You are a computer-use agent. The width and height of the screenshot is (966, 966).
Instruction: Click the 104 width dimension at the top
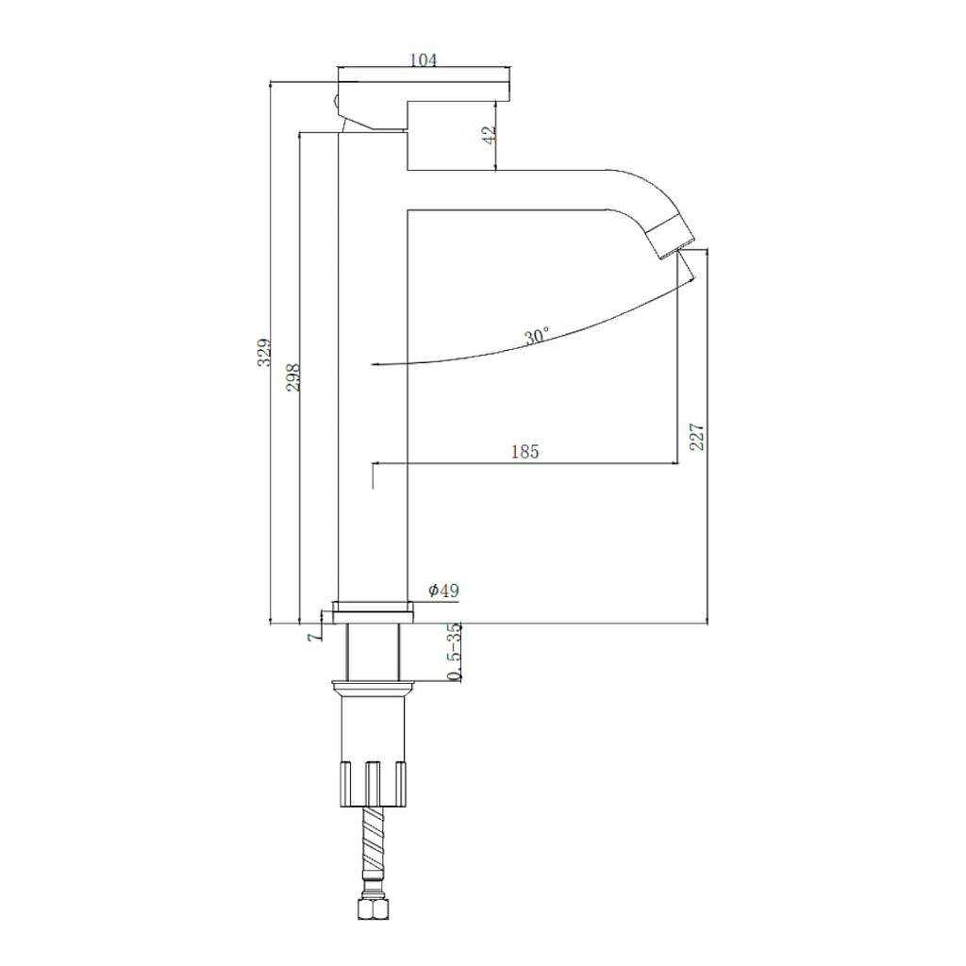424,59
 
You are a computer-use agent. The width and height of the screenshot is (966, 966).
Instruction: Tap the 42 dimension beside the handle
489,135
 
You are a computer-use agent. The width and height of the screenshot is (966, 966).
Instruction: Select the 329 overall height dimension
264,352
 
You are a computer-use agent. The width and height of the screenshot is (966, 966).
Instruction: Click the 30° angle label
536,337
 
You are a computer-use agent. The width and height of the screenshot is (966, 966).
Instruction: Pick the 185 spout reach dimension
525,452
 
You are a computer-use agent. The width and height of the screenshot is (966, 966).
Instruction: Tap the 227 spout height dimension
696,436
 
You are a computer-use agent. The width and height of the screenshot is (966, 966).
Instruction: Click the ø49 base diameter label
444,591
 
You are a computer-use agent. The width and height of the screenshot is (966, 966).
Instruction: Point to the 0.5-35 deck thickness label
454,652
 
